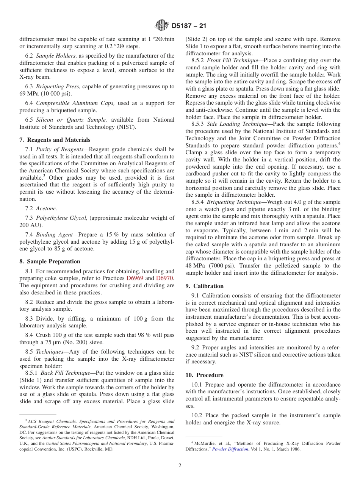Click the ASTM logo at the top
click(x=162, y=26)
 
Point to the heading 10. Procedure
click(x=204, y=375)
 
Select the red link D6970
click(x=164, y=278)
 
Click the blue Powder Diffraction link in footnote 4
click(x=230, y=449)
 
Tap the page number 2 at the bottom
click(x=180, y=466)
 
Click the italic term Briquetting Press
click(x=58, y=86)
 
